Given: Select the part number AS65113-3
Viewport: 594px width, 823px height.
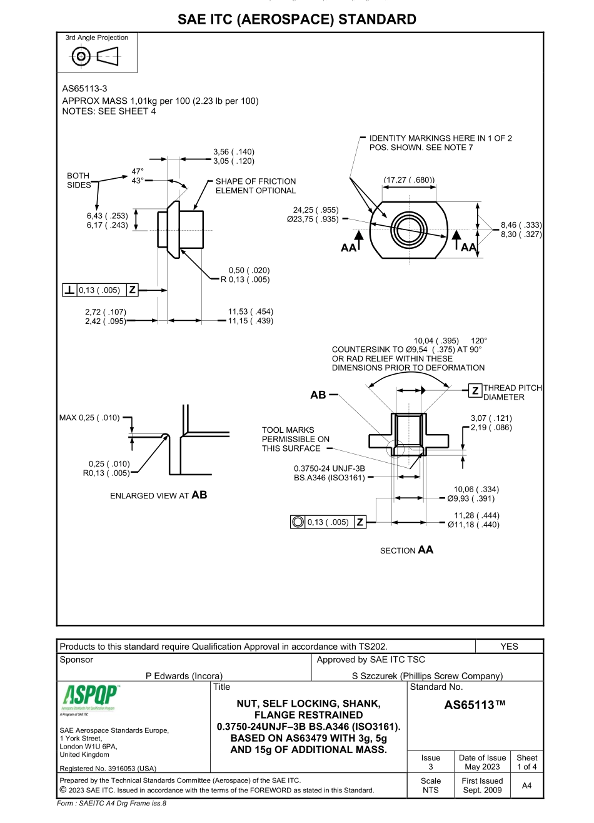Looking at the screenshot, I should tap(80, 89).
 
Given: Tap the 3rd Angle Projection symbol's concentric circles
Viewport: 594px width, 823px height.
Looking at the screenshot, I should tap(81, 57).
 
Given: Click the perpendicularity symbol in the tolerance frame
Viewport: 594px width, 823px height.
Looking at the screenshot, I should tap(70, 290).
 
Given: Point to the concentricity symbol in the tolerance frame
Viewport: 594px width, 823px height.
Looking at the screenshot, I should tap(298, 522).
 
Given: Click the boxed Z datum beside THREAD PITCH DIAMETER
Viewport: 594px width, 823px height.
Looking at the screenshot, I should tap(475, 391).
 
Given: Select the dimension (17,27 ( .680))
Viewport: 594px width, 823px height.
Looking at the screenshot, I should tap(409, 181).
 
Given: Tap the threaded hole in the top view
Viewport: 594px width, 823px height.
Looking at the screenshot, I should tap(408, 226).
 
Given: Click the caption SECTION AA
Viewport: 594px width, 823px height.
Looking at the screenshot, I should tap(406, 550).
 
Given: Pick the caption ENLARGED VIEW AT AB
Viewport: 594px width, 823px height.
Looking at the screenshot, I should tap(158, 495).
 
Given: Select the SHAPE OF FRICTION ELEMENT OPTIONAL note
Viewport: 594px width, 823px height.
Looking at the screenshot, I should tap(256, 186).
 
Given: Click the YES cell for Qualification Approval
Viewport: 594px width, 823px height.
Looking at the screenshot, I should tap(509, 647).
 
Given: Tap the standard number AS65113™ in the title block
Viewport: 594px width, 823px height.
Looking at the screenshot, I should tap(474, 705).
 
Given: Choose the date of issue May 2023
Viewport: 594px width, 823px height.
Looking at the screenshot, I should tap(482, 767).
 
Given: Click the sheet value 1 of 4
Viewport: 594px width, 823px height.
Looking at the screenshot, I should tap(526, 767).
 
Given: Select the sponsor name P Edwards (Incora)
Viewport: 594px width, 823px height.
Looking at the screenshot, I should tap(184, 675).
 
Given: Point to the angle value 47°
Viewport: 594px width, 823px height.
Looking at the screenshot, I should tap(137, 171).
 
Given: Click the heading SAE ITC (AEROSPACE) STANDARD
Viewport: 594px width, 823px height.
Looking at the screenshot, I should tap(297, 19).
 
